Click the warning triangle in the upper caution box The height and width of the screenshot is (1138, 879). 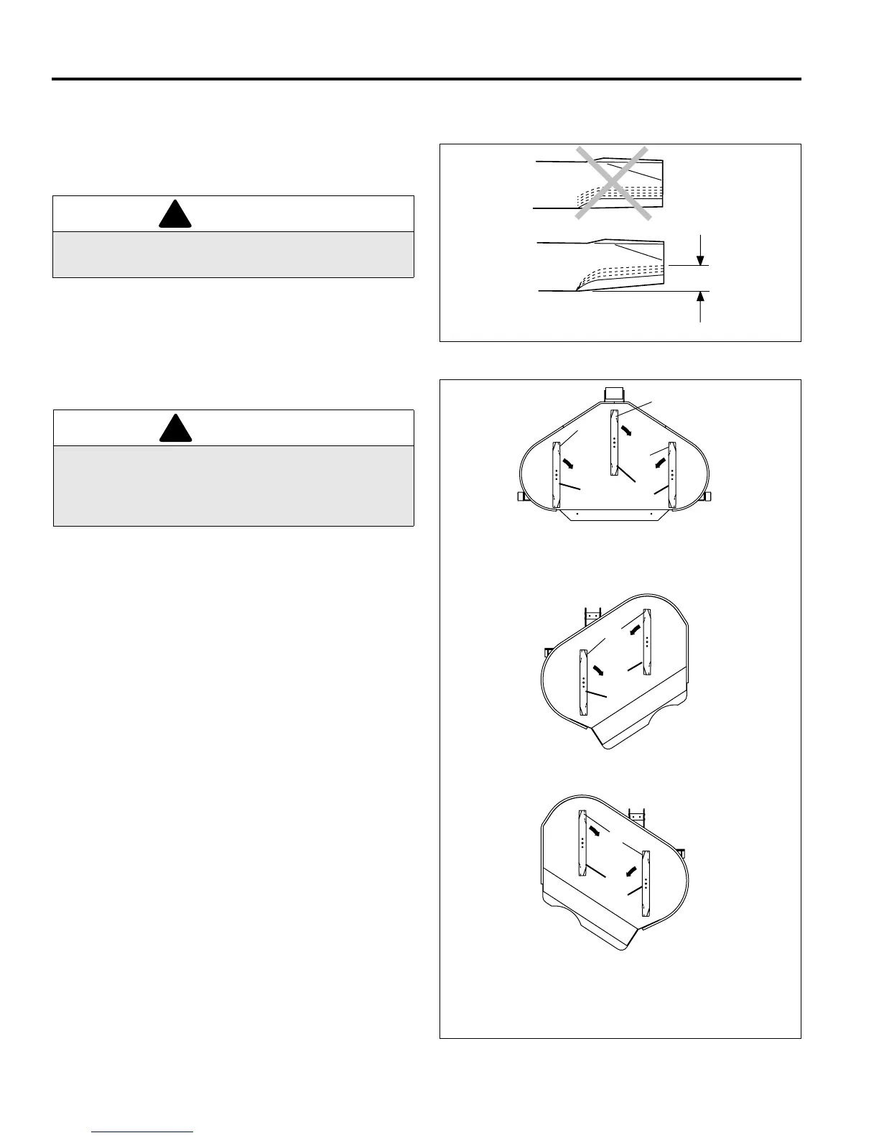pyautogui.click(x=175, y=214)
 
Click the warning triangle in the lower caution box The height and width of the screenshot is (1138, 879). pyautogui.click(x=175, y=429)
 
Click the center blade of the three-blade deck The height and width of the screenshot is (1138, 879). pyautogui.click(x=615, y=442)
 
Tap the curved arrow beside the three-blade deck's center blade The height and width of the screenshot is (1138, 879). pyautogui.click(x=627, y=431)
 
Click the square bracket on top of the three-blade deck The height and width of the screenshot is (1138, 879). pyautogui.click(x=614, y=393)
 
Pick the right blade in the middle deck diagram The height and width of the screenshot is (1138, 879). pyautogui.click(x=646, y=642)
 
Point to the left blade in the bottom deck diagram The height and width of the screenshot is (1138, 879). pyautogui.click(x=583, y=844)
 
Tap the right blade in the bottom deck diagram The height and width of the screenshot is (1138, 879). pyautogui.click(x=646, y=884)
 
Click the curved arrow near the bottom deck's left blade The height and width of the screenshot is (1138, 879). pyautogui.click(x=595, y=831)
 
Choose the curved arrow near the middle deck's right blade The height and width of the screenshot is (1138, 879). pyautogui.click(x=634, y=630)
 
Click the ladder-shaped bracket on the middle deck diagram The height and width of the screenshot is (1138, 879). pyautogui.click(x=592, y=616)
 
